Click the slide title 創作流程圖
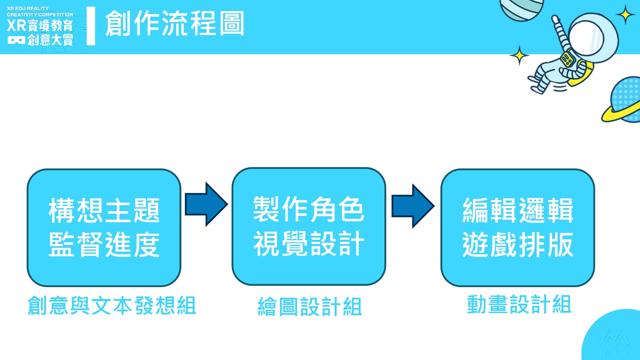pos(175,23)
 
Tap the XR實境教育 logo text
pos(40,26)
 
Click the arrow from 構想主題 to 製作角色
pos(206,204)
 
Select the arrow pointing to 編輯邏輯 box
pos(413,206)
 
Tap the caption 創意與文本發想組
pos(112,305)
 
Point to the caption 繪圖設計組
pos(310,307)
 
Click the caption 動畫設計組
pos(519,305)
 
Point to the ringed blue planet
pos(625,99)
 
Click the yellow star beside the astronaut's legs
pos(519,55)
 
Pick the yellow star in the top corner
pos(625,15)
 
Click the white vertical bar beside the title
pos(91,26)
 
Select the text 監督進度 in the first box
pos(104,245)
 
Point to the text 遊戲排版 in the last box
pos(518,245)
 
